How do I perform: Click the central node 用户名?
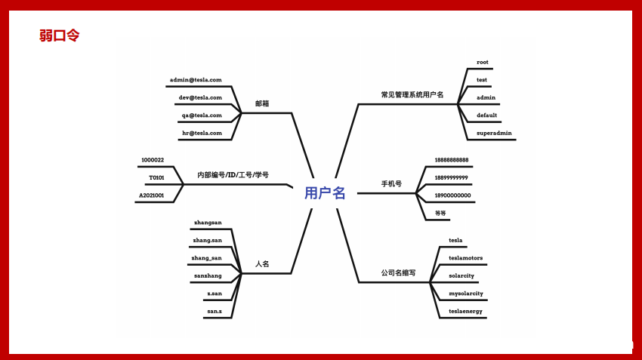click(325, 193)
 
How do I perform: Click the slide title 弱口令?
click(59, 35)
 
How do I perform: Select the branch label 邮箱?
click(262, 103)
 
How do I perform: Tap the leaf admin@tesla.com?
click(196, 79)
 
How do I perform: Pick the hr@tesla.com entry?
click(202, 133)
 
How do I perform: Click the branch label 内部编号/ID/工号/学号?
click(233, 175)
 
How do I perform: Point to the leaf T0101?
click(156, 177)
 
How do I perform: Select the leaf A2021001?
click(151, 195)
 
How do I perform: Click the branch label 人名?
click(262, 264)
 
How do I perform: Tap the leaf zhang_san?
click(207, 258)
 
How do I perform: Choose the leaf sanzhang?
click(208, 275)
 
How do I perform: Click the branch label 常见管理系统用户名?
click(412, 95)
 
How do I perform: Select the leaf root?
click(483, 62)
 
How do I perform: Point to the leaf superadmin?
click(494, 133)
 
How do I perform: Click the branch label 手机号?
click(391, 184)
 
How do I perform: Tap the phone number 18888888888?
click(452, 160)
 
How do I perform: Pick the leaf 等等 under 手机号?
click(440, 213)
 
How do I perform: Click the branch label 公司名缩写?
click(397, 273)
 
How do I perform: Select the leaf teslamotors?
click(465, 258)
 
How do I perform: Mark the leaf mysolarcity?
click(465, 293)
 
